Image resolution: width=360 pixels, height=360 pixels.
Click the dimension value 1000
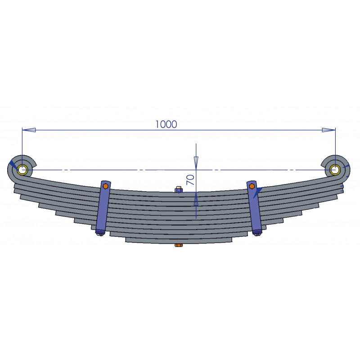166,124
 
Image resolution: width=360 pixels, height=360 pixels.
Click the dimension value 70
190,180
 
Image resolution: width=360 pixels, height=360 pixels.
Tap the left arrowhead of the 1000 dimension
29,130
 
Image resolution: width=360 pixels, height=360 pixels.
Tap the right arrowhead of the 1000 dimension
328,130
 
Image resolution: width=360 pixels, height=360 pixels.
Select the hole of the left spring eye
22,170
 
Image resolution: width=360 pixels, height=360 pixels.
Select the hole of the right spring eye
335,170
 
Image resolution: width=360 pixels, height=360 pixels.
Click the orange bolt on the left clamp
105,186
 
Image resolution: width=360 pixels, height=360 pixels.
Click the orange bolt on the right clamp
252,186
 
